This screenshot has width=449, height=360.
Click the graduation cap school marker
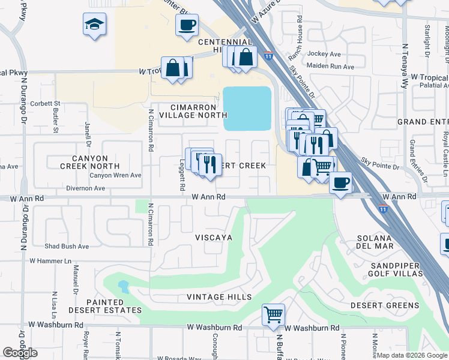tap(94, 25)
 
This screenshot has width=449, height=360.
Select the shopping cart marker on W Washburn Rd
tap(273, 314)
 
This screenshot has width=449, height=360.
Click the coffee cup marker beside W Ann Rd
tap(340, 182)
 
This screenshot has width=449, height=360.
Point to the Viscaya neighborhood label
tap(213, 238)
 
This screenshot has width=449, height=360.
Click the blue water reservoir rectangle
tap(247, 109)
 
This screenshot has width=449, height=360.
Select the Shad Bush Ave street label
tap(67, 246)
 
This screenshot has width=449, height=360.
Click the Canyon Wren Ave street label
tap(115, 175)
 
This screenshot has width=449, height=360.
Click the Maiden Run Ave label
tap(330, 66)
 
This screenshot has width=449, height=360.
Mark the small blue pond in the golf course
tap(123, 286)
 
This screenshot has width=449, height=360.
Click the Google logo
tap(20, 353)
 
